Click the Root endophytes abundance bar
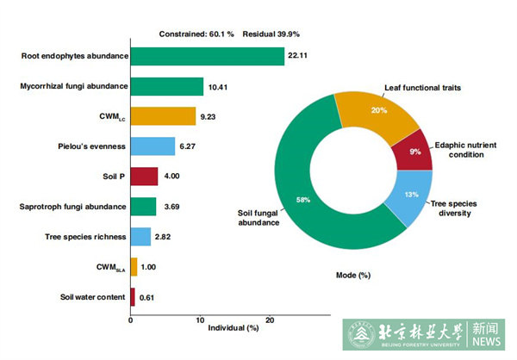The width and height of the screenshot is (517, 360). pyautogui.click(x=207, y=56)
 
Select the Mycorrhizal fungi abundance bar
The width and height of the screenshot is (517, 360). pyautogui.click(x=166, y=86)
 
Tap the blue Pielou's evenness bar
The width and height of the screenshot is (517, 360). pyautogui.click(x=153, y=146)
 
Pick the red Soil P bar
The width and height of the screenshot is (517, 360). pyautogui.click(x=144, y=177)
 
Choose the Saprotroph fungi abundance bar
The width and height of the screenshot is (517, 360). pyautogui.click(x=143, y=207)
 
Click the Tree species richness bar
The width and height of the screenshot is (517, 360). pyautogui.click(x=140, y=237)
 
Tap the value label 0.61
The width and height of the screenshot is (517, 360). pyautogui.click(x=147, y=297)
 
